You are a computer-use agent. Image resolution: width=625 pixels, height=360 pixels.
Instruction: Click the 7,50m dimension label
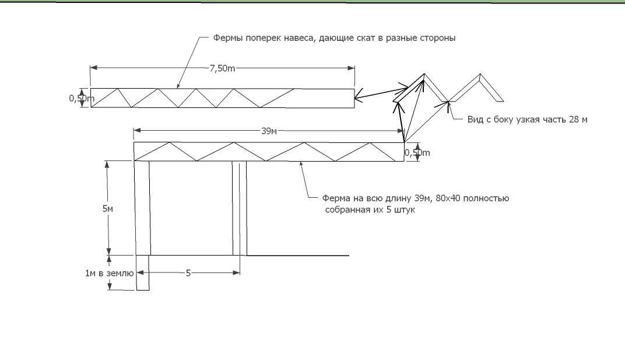tap(222, 68)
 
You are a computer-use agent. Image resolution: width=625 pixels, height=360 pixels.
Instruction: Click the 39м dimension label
tap(269, 131)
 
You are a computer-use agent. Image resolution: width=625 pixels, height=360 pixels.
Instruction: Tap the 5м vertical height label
tap(108, 209)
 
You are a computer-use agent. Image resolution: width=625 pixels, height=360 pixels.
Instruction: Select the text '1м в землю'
tap(109, 273)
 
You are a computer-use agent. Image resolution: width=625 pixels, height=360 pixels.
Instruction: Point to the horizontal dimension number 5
tap(188, 273)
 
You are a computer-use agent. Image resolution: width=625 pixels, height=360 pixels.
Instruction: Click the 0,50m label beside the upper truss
tap(82, 98)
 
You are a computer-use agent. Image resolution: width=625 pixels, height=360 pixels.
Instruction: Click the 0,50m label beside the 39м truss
tap(417, 153)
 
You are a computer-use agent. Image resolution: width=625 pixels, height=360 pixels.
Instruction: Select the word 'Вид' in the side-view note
tap(475, 120)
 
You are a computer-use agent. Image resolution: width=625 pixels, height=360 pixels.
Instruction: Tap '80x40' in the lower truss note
tap(448, 198)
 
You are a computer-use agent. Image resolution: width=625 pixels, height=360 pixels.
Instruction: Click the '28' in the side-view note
tap(574, 120)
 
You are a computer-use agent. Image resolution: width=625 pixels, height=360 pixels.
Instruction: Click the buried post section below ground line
tap(143, 272)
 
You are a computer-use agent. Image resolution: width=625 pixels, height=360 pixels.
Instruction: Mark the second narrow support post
tap(240, 208)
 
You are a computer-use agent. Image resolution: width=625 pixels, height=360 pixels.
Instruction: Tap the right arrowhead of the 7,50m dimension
tap(352, 68)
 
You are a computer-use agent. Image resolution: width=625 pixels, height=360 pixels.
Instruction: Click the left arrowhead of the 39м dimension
tap(137, 131)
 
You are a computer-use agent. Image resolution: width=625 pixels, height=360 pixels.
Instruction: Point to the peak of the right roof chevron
tap(480, 74)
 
